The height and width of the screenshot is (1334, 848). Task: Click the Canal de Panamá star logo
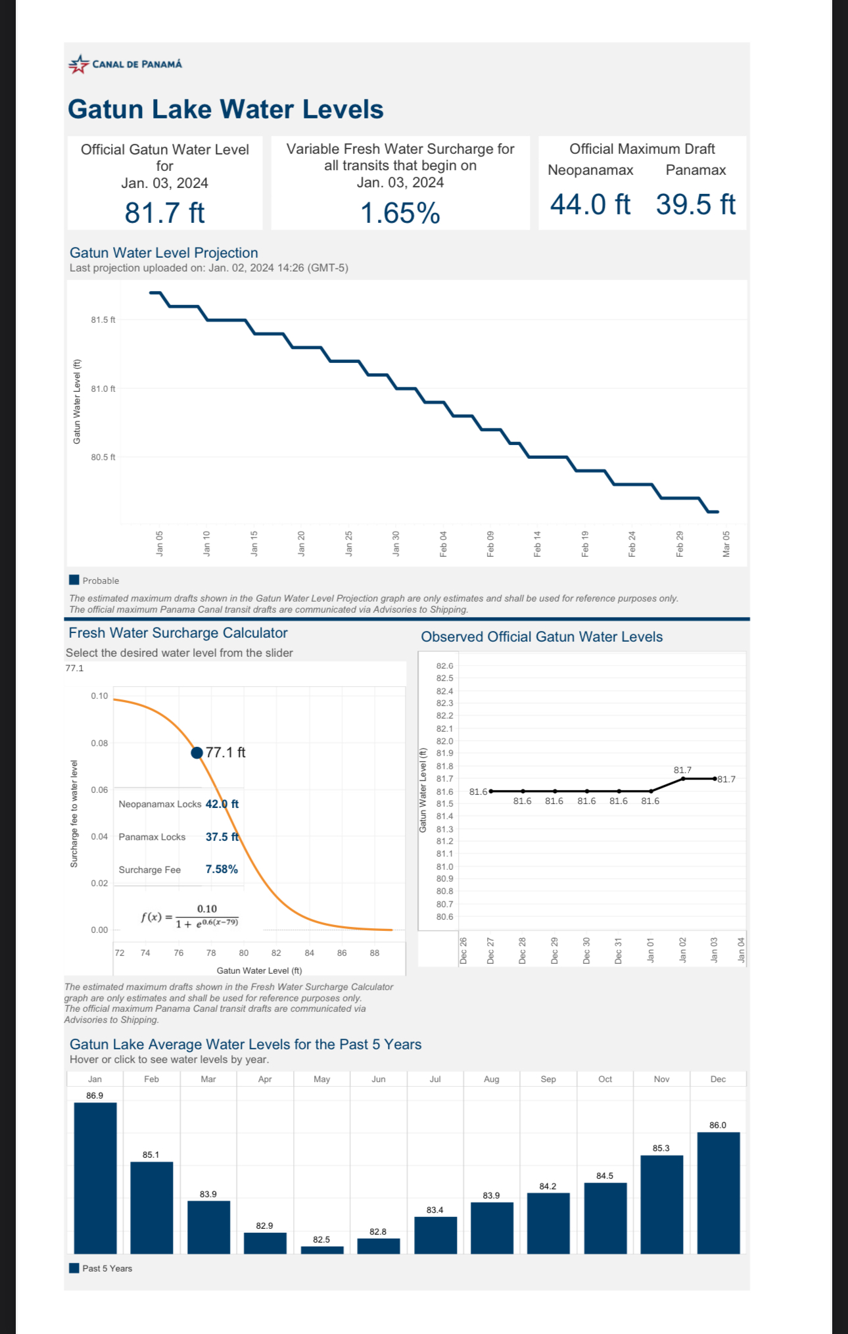click(79, 64)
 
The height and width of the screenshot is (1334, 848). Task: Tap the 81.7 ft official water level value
click(165, 213)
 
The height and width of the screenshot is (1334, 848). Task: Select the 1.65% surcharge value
click(400, 213)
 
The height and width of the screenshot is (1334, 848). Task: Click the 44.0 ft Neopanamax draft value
click(590, 204)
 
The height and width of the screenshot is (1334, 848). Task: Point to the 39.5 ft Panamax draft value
click(695, 204)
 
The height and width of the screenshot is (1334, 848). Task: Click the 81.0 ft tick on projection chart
click(103, 389)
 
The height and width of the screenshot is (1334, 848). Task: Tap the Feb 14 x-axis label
click(538, 544)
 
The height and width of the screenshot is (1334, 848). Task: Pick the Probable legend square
click(74, 580)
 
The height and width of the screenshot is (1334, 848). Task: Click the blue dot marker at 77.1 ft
click(197, 753)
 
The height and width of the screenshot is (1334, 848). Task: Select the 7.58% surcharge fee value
click(222, 869)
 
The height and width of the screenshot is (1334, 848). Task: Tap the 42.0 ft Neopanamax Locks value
click(222, 804)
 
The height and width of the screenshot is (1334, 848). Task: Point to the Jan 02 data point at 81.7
click(683, 778)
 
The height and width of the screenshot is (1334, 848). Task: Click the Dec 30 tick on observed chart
click(586, 951)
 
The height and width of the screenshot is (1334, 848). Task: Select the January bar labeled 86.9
click(95, 1178)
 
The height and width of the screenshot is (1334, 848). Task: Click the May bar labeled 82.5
click(322, 1250)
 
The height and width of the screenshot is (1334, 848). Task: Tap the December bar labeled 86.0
click(718, 1193)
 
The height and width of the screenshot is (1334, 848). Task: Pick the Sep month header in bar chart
click(548, 1079)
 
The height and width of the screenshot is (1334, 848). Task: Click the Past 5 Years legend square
click(74, 1268)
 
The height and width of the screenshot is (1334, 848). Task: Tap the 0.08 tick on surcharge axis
click(99, 743)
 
